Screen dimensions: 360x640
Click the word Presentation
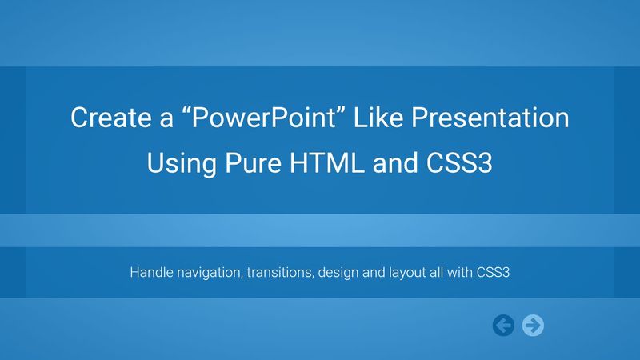point(492,118)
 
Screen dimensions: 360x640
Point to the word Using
point(179,164)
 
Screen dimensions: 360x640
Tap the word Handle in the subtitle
point(150,272)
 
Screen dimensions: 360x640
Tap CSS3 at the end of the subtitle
point(495,272)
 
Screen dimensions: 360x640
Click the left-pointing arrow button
point(503,325)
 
